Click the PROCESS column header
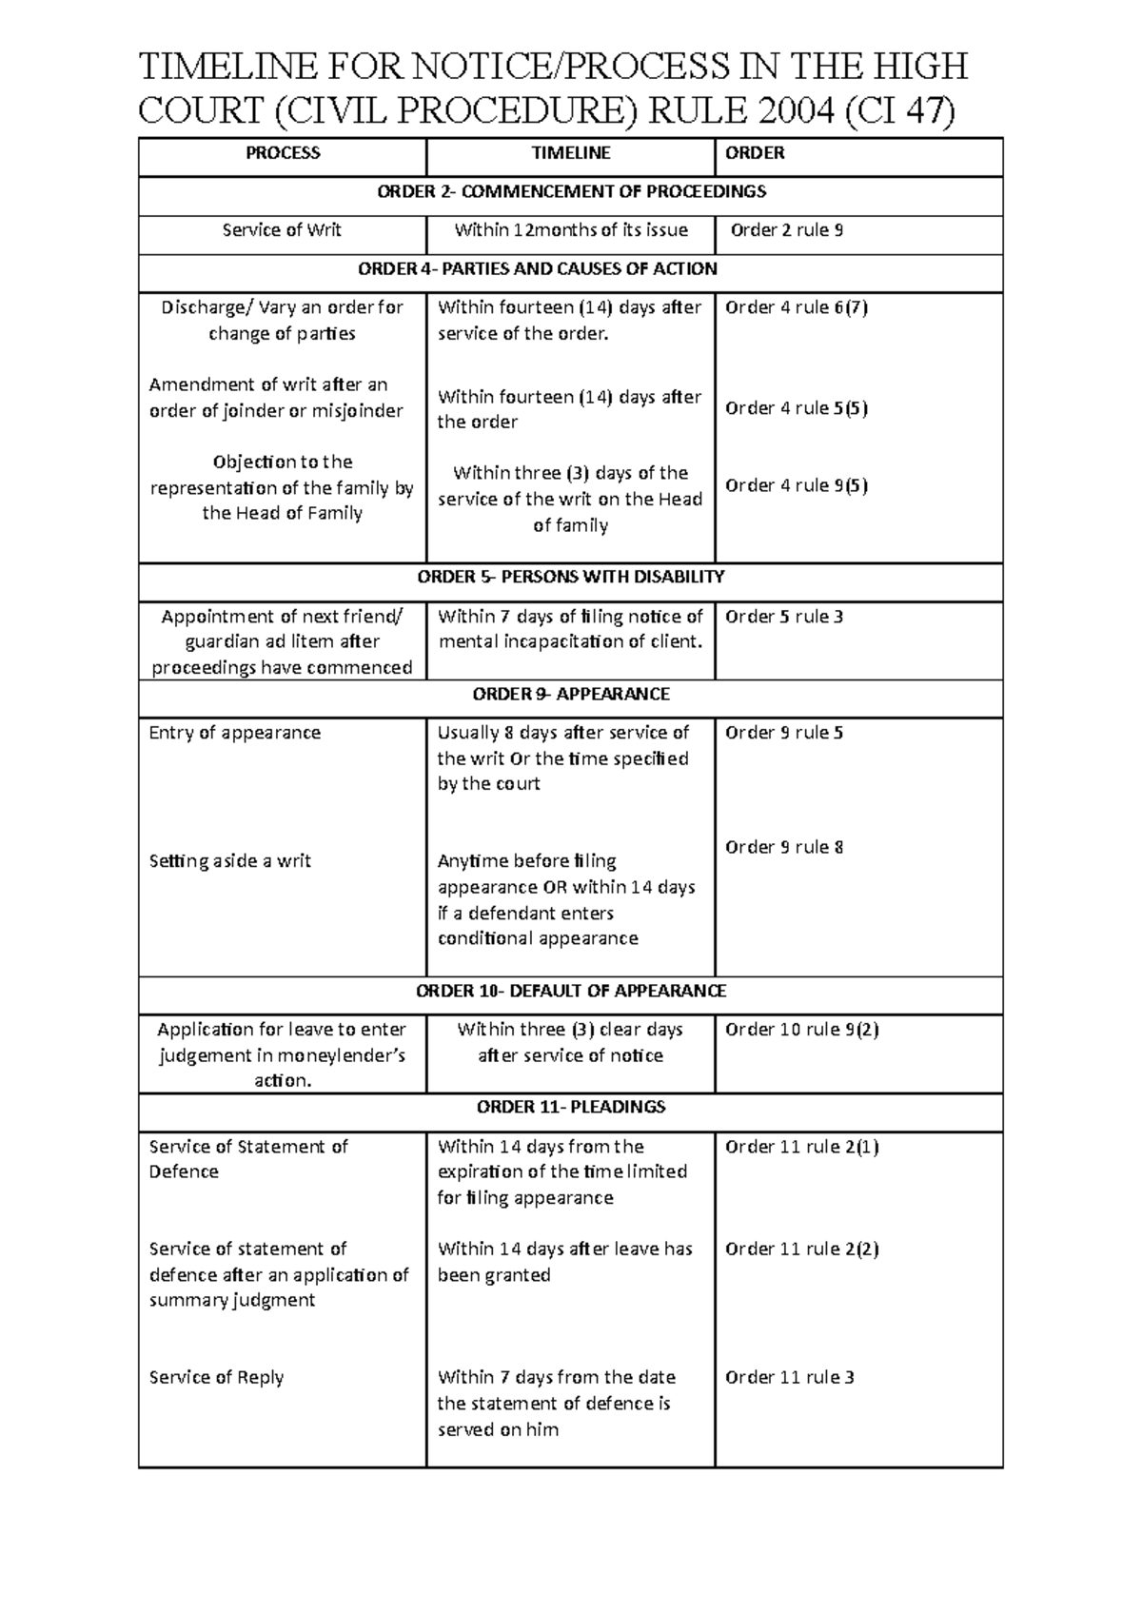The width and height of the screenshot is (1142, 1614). point(283,153)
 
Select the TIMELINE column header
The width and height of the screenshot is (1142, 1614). point(570,153)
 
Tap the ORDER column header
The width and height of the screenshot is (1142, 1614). point(755,153)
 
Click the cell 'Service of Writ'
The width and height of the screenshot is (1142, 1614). point(282,230)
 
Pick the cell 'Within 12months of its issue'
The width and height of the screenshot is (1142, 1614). point(571,230)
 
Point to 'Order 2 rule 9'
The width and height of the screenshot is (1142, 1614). point(786,230)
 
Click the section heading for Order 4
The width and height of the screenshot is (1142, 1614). point(537,269)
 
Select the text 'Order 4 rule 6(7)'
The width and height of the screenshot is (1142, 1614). point(796,307)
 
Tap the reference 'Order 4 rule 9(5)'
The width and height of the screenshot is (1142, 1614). point(796,485)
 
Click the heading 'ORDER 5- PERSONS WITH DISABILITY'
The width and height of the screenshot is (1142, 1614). point(571,577)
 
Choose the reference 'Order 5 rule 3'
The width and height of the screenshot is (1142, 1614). point(783,617)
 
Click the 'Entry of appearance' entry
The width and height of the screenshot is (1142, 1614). point(234,733)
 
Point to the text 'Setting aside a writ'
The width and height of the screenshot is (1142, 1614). point(229,861)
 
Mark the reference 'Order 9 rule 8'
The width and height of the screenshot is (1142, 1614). point(783,847)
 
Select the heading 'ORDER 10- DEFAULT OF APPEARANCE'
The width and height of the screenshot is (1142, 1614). point(571,991)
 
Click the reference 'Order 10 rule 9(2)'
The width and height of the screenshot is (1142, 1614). point(801,1030)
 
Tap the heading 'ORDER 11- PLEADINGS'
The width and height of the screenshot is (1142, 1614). point(571,1107)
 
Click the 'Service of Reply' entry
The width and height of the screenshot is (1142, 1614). point(216,1377)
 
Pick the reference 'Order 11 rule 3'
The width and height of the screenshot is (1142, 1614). point(789,1377)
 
